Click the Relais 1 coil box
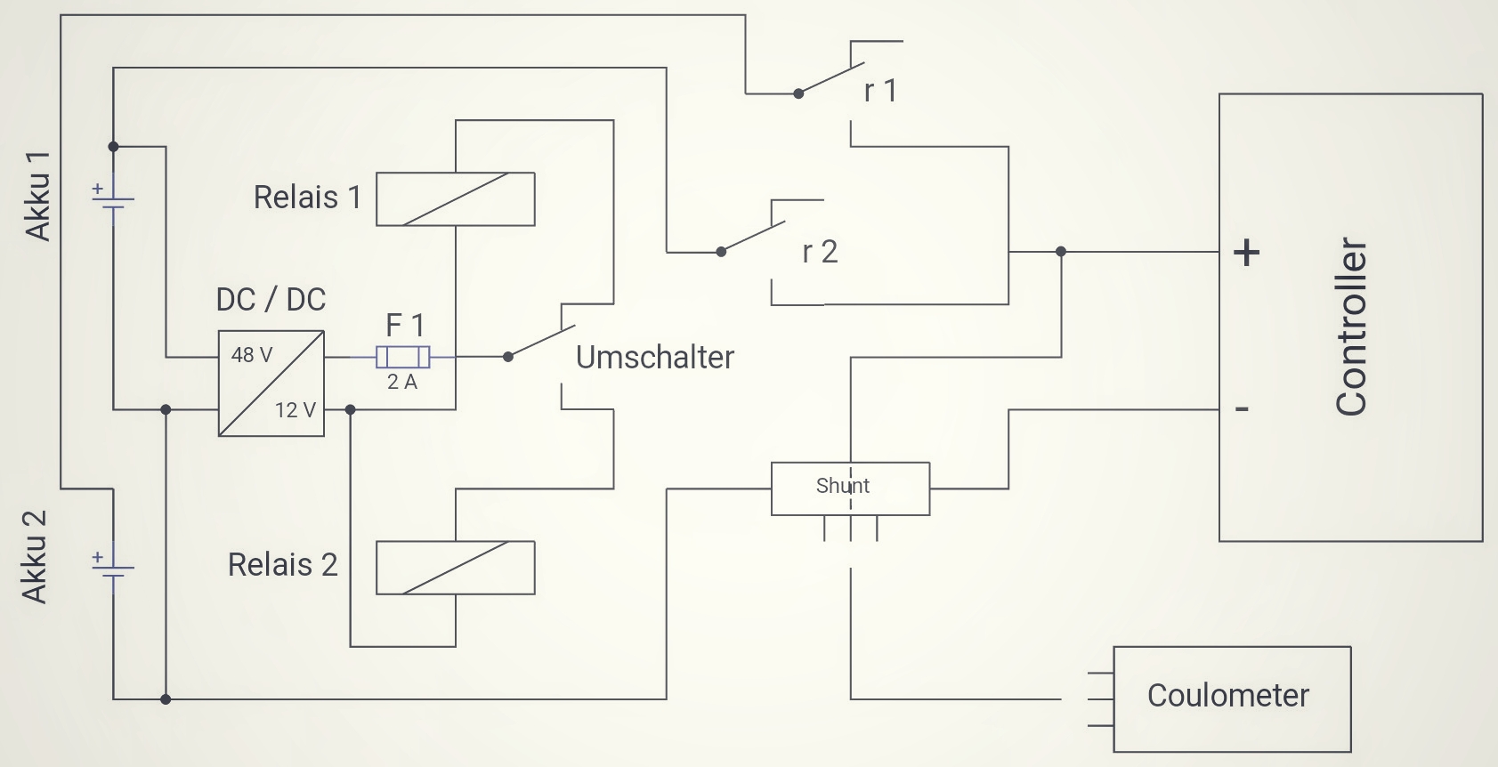coord(455,199)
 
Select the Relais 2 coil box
coord(455,568)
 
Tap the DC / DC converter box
coord(271,383)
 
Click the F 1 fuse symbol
coord(403,357)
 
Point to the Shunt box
coord(850,488)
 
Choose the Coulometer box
coord(1232,698)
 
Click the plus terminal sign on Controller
coord(1246,253)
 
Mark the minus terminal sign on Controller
coord(1243,409)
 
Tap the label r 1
coord(880,91)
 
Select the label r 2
coord(820,252)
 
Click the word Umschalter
coord(655,358)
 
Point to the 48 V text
coord(252,355)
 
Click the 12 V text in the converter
coord(296,410)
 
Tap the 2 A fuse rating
coord(402,383)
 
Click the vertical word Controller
coord(1351,327)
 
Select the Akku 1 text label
coord(38,197)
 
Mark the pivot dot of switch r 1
coord(798,93)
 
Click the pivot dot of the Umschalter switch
coord(508,357)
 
